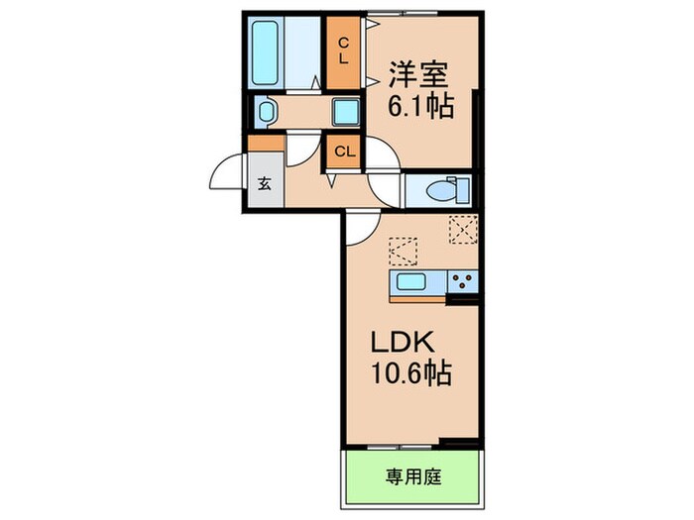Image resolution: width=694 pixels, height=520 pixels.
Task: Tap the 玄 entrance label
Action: point(265,184)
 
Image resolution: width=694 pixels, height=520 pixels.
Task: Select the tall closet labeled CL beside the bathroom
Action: point(343,51)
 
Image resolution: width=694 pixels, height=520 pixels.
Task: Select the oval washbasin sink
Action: point(265,112)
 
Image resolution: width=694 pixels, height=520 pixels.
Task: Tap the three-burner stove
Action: point(462,282)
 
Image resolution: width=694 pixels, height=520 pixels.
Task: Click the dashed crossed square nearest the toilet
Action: point(462,230)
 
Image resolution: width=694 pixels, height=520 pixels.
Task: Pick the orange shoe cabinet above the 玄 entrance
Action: point(265,143)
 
